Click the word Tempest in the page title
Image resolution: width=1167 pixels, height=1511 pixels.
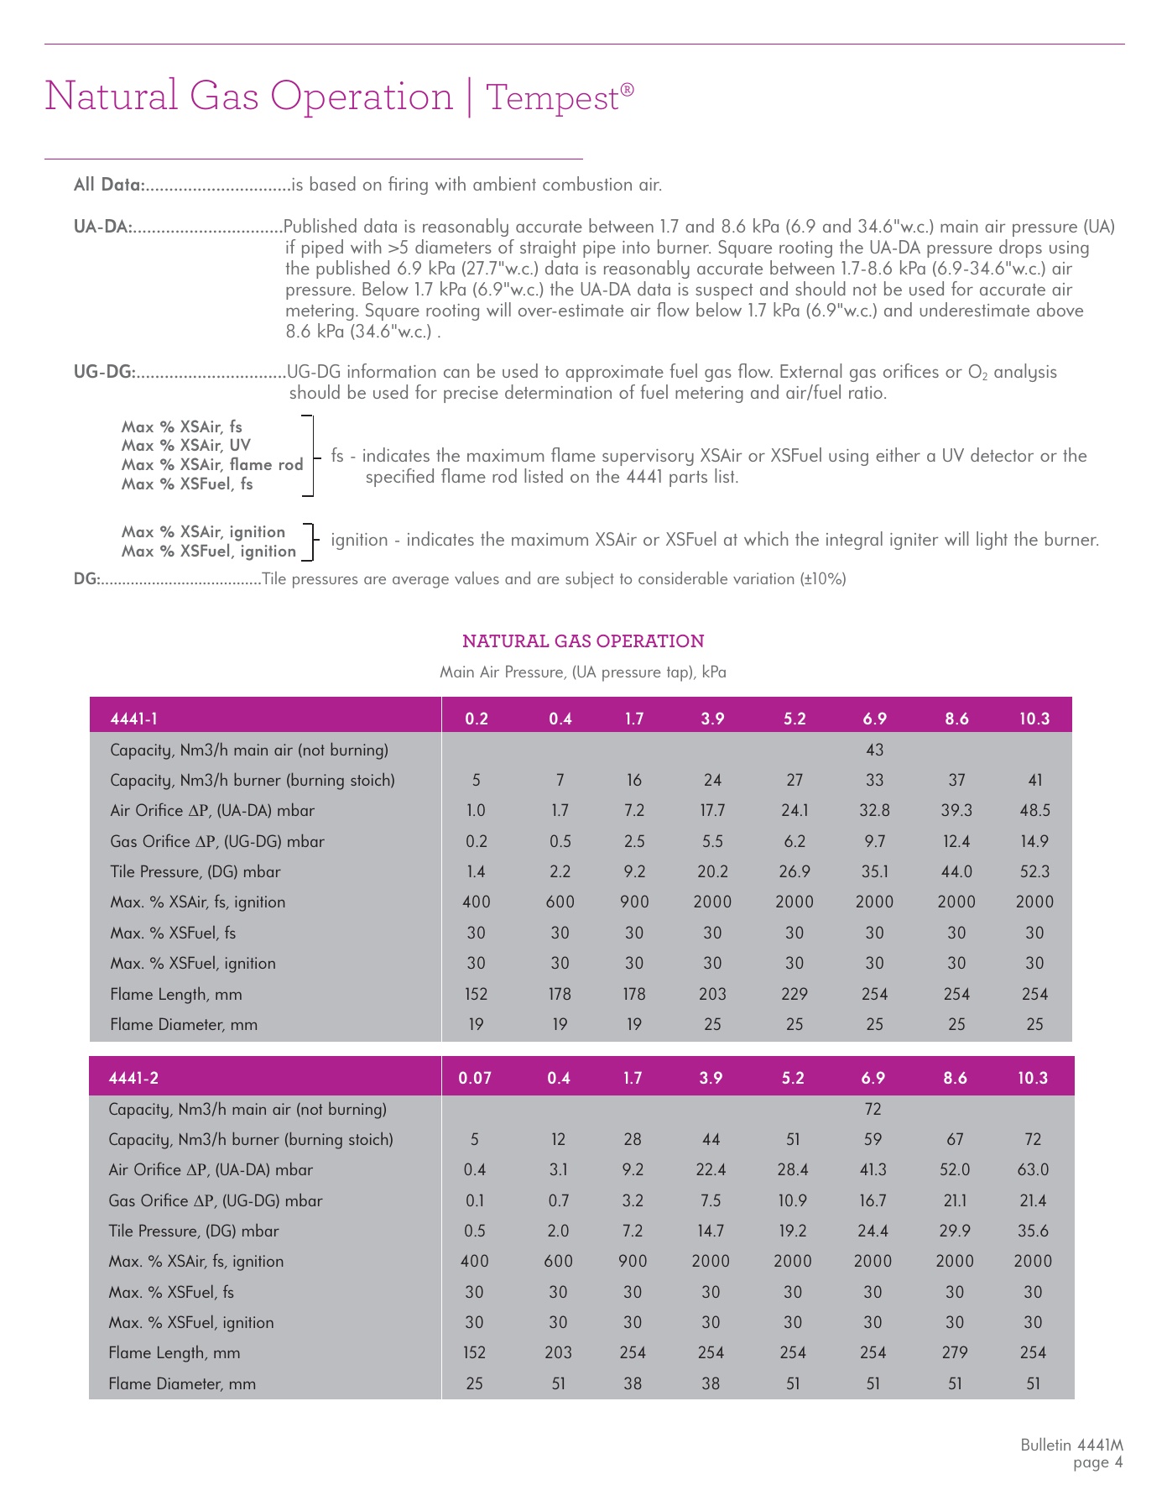point(552,97)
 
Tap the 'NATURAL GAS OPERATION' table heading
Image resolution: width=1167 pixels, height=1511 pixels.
point(583,641)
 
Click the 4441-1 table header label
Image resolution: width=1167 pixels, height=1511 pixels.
point(134,719)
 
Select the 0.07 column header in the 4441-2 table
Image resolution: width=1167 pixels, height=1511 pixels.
point(475,1078)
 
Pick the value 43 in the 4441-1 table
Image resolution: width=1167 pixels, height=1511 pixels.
point(874,750)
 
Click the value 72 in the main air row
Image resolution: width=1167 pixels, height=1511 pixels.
point(873,1109)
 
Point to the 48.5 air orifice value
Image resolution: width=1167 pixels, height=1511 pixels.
point(1034,810)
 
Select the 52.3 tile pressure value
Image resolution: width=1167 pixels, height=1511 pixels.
point(1034,871)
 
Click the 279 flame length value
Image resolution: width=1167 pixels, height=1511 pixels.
point(955,1352)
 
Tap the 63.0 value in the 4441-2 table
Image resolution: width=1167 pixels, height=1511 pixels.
point(1033,1169)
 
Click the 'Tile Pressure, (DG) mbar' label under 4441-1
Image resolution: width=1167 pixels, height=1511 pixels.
point(195,871)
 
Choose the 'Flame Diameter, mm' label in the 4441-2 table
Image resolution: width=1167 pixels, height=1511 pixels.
point(182,1383)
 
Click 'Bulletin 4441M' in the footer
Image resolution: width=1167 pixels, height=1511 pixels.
point(1071,1445)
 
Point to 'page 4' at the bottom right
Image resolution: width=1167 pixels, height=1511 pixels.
point(1097,1462)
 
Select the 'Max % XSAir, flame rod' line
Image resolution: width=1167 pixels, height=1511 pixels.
point(212,464)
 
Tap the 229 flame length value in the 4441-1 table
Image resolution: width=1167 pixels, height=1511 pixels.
point(794,994)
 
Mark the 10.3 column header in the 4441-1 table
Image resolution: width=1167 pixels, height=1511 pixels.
point(1034,719)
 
